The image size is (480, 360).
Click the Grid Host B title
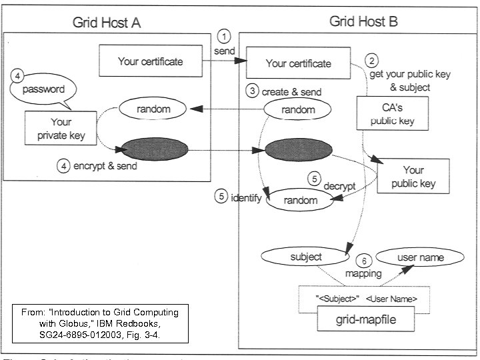(363, 22)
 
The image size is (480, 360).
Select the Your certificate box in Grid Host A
(150, 61)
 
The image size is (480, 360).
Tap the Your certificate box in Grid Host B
(298, 63)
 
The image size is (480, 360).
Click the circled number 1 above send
(225, 36)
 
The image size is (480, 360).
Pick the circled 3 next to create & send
(252, 92)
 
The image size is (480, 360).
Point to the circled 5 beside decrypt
(315, 178)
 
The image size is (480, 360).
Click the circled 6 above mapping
(363, 261)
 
